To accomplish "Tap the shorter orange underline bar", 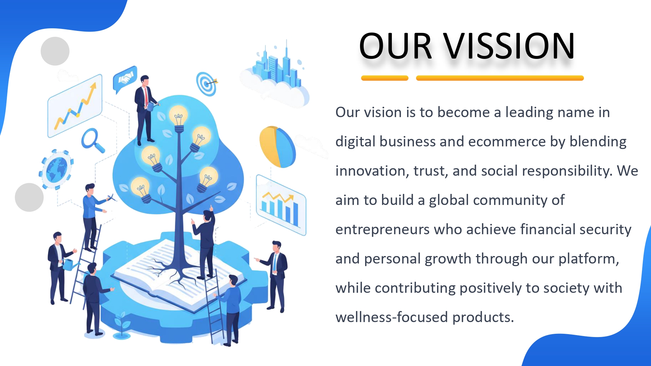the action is [385, 78].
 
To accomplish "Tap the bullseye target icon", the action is [207, 84].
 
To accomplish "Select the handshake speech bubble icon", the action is [125, 79].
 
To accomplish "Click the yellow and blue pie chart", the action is [277, 147].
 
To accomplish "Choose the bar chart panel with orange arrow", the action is [281, 205].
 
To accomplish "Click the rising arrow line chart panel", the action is [75, 106].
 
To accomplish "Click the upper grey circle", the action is [55, 51].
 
